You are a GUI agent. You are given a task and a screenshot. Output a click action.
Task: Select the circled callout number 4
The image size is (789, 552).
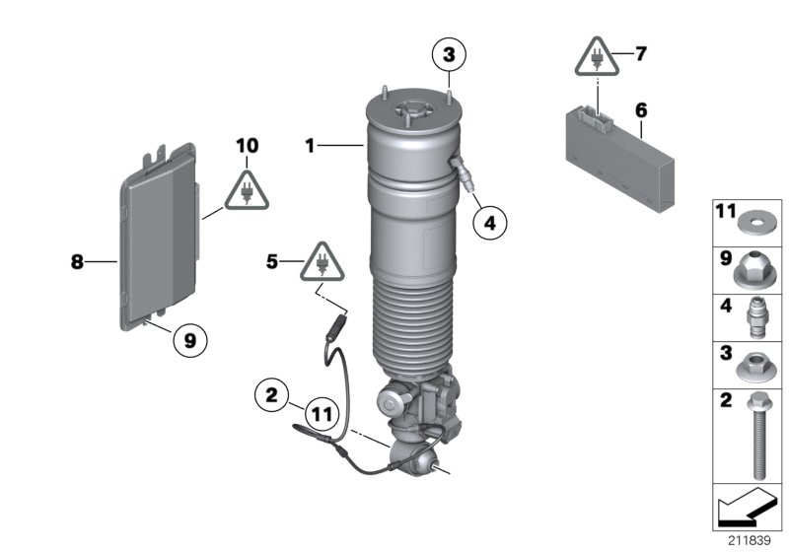tap(489, 223)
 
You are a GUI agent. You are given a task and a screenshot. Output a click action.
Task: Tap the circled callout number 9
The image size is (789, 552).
tap(190, 340)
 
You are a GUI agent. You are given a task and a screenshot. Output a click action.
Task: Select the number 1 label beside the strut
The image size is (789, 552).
tap(310, 146)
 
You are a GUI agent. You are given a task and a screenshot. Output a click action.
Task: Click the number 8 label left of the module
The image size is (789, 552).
tap(76, 262)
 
